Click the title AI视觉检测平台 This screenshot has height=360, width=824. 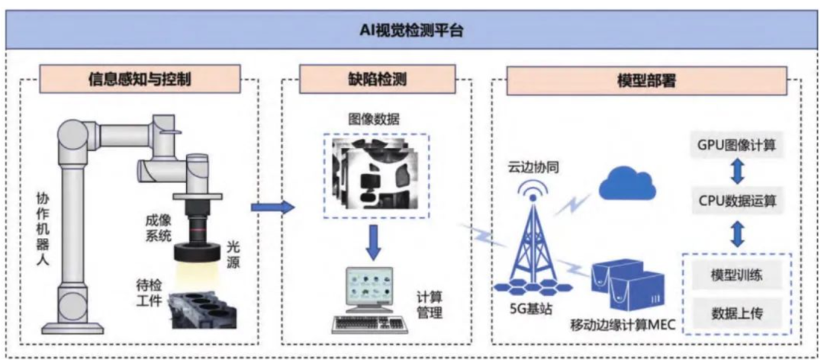pos(412,31)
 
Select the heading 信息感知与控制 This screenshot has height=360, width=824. pos(140,77)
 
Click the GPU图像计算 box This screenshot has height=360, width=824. pos(736,144)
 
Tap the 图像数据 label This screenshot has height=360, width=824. pos(374,120)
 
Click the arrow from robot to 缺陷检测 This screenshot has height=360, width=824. pos(272,206)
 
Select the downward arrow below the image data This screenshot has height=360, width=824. pos(374,239)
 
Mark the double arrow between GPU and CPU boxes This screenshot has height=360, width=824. pos(736,172)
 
